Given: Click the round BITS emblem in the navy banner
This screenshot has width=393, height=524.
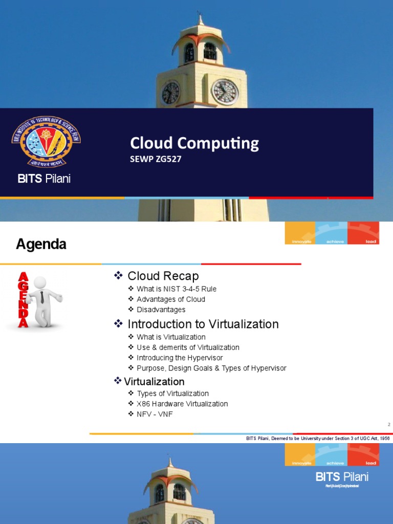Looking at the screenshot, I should point(46,143).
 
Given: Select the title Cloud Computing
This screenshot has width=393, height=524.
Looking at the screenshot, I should point(194,143).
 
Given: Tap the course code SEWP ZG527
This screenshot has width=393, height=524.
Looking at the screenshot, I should point(156,159).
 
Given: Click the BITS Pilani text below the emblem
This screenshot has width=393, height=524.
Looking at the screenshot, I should point(44,179).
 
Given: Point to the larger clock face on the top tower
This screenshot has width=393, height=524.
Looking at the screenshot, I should point(225,92).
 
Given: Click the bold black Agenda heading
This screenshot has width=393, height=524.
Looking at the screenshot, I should point(41,245).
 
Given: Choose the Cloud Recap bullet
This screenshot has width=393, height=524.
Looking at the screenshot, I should point(163,276).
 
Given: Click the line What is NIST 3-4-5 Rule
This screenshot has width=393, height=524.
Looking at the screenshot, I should point(177,289).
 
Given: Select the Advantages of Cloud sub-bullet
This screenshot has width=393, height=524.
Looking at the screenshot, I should point(171,299).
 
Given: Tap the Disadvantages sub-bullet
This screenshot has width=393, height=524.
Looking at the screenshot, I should point(161,310).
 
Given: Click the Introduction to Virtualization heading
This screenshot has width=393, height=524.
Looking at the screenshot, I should point(203,324).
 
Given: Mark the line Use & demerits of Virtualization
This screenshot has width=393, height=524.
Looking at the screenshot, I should point(188,347).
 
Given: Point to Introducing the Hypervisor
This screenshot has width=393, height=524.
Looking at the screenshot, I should point(180,358).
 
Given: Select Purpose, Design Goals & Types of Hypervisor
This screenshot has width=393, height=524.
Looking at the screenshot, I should point(211,368).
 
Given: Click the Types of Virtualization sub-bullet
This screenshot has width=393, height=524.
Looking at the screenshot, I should point(172,394).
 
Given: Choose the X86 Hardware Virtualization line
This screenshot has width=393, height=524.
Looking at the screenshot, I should point(182,404).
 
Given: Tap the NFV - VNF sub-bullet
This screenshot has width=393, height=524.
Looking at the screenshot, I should point(155,414).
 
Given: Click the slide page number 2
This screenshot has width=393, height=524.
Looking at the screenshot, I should point(389,425).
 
